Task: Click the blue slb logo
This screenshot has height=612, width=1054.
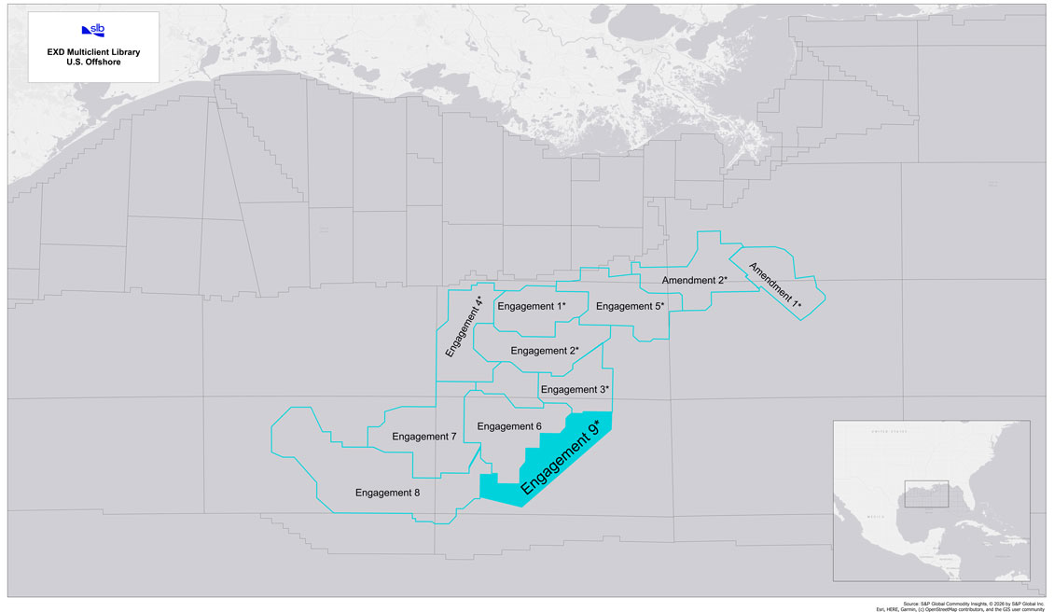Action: tap(93, 30)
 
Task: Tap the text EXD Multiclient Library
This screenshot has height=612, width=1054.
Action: tap(93, 53)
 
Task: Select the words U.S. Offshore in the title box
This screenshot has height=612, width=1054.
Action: tap(93, 64)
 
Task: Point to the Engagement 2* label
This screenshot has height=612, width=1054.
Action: tap(545, 351)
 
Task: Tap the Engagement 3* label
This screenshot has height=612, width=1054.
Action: tap(575, 390)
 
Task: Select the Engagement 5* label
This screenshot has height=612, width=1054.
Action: tap(630, 306)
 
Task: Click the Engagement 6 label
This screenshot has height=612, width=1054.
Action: tap(509, 426)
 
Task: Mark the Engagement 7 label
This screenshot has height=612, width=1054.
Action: tap(424, 437)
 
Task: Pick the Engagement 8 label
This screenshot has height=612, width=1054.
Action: tap(387, 492)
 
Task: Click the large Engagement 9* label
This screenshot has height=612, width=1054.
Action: tap(559, 457)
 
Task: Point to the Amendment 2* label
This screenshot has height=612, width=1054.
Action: tap(694, 280)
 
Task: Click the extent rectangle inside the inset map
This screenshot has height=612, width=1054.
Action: tap(925, 495)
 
